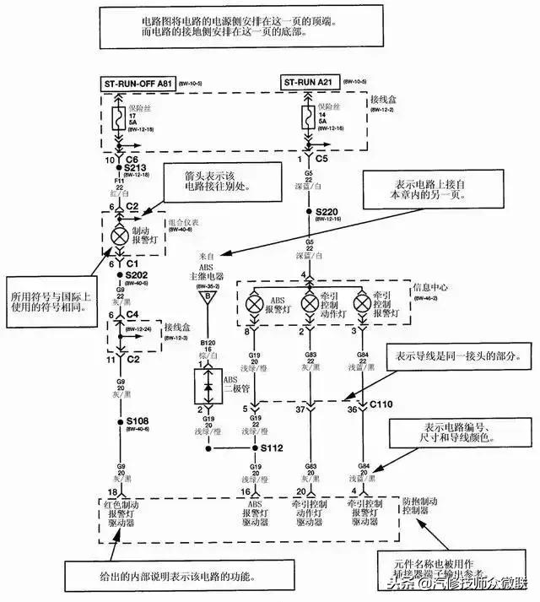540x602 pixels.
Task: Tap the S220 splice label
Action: click(327, 211)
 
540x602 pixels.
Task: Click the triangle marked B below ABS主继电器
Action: click(202, 296)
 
